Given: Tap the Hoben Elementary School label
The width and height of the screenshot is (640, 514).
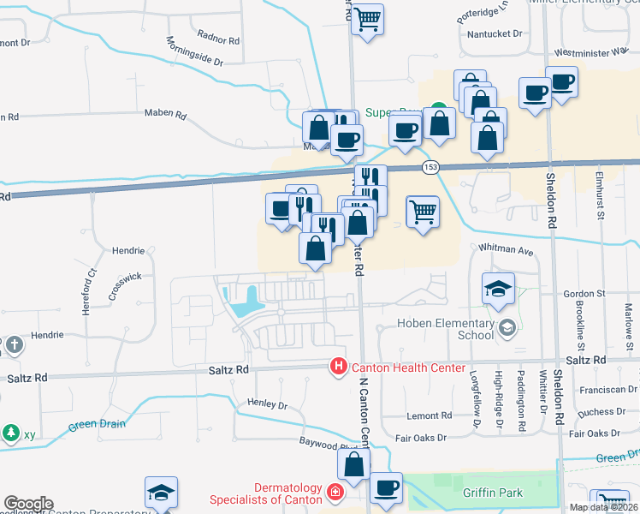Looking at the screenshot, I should pos(446,329).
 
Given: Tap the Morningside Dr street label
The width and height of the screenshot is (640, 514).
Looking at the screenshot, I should pos(194,52).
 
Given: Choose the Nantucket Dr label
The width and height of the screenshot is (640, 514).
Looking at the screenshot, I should pos(495,33).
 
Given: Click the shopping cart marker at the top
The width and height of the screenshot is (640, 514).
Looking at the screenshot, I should pos(367,18).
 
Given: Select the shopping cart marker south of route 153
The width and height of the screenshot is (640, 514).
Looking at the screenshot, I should pos(423,210).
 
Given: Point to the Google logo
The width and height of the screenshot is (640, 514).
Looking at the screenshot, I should pos(27,504).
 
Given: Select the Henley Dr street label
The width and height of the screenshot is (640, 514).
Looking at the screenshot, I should pos(267,403).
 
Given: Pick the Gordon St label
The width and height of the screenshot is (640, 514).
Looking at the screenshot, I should pos(584,293).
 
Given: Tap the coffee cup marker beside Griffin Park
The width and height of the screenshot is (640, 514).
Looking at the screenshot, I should pos(385,488).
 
